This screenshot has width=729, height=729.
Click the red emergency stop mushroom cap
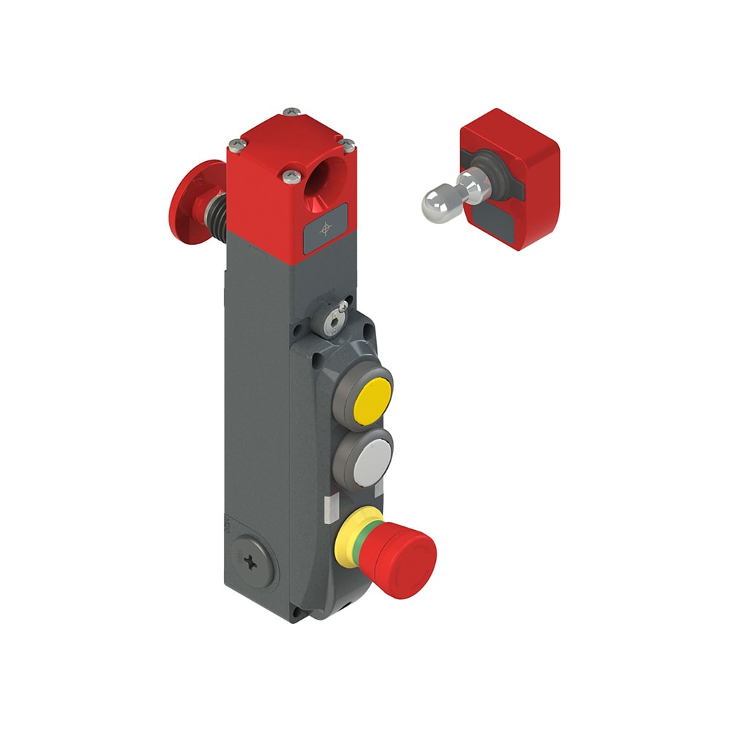[x=405, y=562]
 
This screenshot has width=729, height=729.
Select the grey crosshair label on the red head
[x=325, y=229]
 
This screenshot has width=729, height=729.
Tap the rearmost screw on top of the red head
[x=292, y=112]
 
